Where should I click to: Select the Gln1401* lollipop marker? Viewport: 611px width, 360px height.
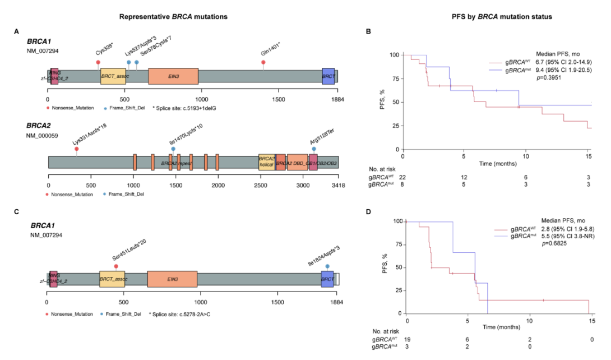click(263, 62)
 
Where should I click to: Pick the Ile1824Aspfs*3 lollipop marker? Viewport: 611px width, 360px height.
click(327, 266)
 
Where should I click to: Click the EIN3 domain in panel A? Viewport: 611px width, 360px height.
click(174, 77)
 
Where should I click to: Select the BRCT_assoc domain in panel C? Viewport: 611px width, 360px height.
click(112, 279)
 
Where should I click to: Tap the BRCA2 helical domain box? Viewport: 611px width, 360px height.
click(266, 163)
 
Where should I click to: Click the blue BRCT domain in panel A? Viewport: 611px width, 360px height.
click(328, 77)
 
